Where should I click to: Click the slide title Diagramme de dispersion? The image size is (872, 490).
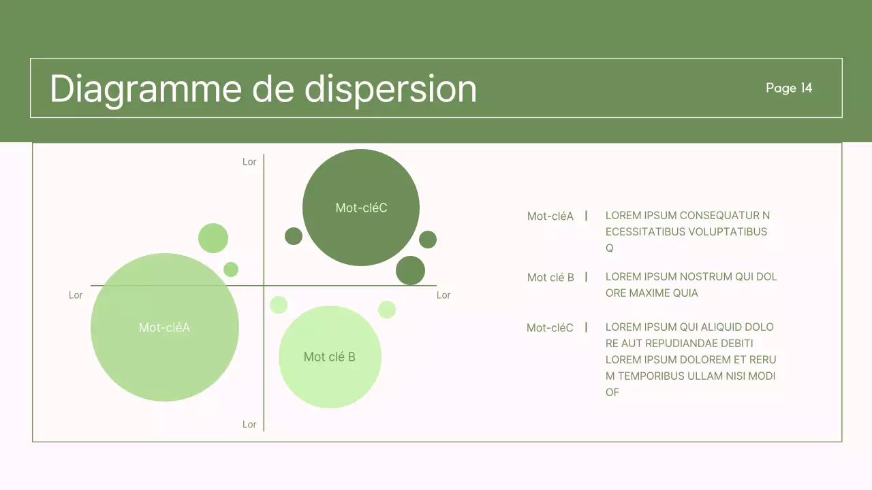[263, 88]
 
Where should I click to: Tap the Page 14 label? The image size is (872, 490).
[789, 88]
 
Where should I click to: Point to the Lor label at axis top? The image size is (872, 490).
[249, 162]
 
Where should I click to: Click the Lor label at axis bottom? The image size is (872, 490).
[249, 424]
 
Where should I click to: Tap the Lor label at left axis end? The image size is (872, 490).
[76, 295]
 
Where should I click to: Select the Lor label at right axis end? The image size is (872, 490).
[443, 295]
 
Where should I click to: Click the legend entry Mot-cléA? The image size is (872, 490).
[550, 216]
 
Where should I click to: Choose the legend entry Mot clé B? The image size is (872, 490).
[550, 278]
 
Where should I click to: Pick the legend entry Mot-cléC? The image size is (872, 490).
[550, 328]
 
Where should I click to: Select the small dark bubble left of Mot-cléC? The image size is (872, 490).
[294, 236]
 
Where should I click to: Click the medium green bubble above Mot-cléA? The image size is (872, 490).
[213, 238]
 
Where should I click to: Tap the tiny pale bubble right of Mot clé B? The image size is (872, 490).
[387, 310]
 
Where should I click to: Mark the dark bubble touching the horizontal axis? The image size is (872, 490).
[410, 270]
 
